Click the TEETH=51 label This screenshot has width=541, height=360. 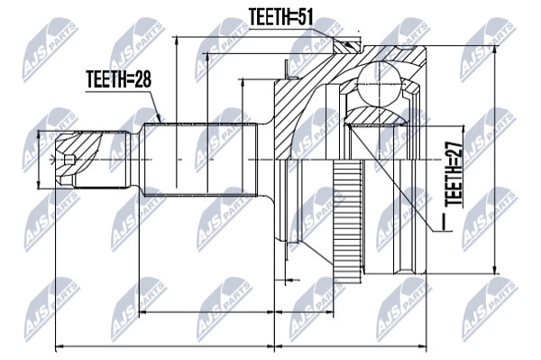[x=280, y=17]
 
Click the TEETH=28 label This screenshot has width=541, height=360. [x=119, y=79]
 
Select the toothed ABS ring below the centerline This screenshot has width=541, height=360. [x=348, y=218]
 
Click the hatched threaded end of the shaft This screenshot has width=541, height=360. [x=78, y=159]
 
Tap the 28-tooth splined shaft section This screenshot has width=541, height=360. [x=200, y=160]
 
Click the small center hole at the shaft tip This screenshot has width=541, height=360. [x=69, y=160]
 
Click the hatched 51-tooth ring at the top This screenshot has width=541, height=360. [x=347, y=47]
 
